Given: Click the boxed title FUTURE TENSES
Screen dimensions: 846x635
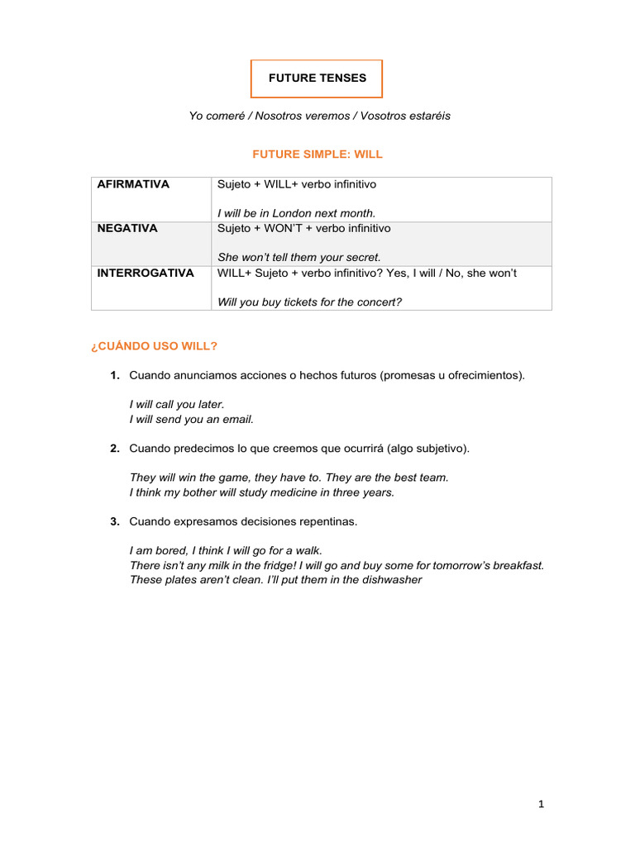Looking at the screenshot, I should (317, 78).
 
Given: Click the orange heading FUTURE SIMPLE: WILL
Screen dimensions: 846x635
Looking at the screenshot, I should (317, 154).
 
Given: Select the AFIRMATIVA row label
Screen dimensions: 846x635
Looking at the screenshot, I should (133, 184).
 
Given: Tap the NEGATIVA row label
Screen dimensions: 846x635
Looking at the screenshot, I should (127, 228).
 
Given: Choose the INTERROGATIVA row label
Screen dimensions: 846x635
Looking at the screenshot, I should (146, 273).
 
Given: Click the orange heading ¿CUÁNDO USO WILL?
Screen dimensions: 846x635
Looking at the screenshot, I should (153, 345).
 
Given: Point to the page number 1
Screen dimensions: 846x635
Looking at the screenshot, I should (542, 804).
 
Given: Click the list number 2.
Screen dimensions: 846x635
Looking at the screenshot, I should (115, 449).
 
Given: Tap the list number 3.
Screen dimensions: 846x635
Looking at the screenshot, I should (115, 521).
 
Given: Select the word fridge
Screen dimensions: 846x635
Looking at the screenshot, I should (268, 565).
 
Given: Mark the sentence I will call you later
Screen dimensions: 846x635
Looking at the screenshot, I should (177, 404).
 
